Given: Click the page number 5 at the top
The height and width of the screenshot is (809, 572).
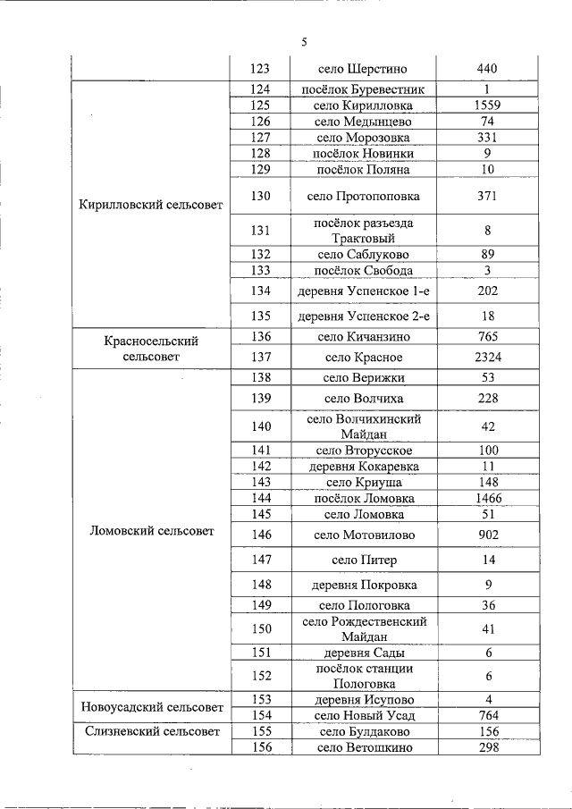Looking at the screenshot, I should [x=305, y=42].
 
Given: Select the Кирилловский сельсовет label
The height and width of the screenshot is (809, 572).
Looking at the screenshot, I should [x=151, y=205].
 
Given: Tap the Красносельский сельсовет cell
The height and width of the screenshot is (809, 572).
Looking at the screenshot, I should [x=151, y=349].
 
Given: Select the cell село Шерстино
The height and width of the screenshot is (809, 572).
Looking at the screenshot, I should [x=363, y=69].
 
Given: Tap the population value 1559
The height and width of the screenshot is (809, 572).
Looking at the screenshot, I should [x=487, y=105].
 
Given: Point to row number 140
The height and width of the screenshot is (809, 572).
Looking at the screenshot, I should [x=261, y=426].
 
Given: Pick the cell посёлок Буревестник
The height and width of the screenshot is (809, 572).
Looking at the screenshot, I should [x=363, y=89].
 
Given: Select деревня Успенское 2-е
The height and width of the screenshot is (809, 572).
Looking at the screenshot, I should [x=363, y=316].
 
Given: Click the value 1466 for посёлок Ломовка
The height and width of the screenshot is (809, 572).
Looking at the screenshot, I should [x=487, y=498].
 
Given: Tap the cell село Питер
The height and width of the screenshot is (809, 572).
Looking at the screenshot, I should [x=363, y=560].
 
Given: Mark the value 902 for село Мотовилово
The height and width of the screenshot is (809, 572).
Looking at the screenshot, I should [x=487, y=535].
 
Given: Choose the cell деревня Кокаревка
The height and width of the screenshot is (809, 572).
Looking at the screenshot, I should [x=363, y=466].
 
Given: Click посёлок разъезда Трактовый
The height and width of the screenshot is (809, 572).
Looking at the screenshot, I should [x=363, y=231].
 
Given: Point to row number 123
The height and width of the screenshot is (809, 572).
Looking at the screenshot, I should [x=261, y=69].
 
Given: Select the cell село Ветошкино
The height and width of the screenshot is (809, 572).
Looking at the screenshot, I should [x=363, y=747].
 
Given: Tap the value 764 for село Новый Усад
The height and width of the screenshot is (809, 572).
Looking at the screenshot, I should [x=487, y=715].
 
